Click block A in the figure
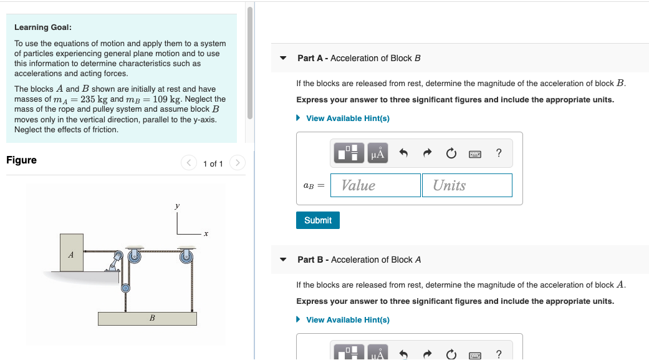click(x=71, y=253)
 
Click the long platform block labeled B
click(x=147, y=318)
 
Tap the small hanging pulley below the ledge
click(x=125, y=288)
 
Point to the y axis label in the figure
click(x=177, y=205)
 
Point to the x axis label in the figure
click(x=205, y=235)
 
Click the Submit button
click(x=318, y=220)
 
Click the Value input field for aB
click(x=375, y=185)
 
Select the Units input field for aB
click(x=467, y=185)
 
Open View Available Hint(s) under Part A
click(x=347, y=119)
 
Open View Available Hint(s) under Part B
click(x=347, y=320)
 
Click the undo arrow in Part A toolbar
click(x=403, y=153)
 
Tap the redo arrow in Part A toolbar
click(x=427, y=153)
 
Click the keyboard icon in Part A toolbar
click(x=475, y=153)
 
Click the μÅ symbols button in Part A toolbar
click(x=378, y=153)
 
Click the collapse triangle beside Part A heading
click(x=283, y=59)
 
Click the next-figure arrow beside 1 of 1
click(x=237, y=163)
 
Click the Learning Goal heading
click(x=43, y=27)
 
